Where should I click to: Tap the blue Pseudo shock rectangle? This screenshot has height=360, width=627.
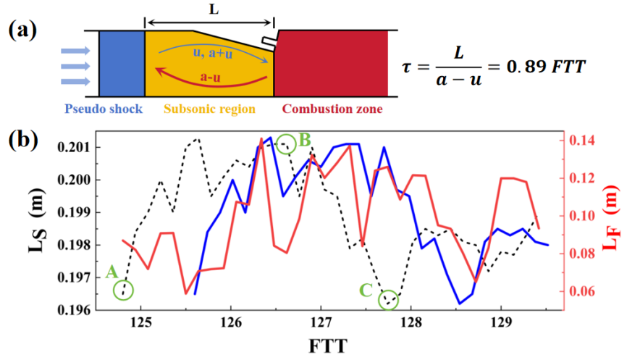point(122,63)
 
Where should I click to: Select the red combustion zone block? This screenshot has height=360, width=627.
point(330,63)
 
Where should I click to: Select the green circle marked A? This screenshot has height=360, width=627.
point(124,290)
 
